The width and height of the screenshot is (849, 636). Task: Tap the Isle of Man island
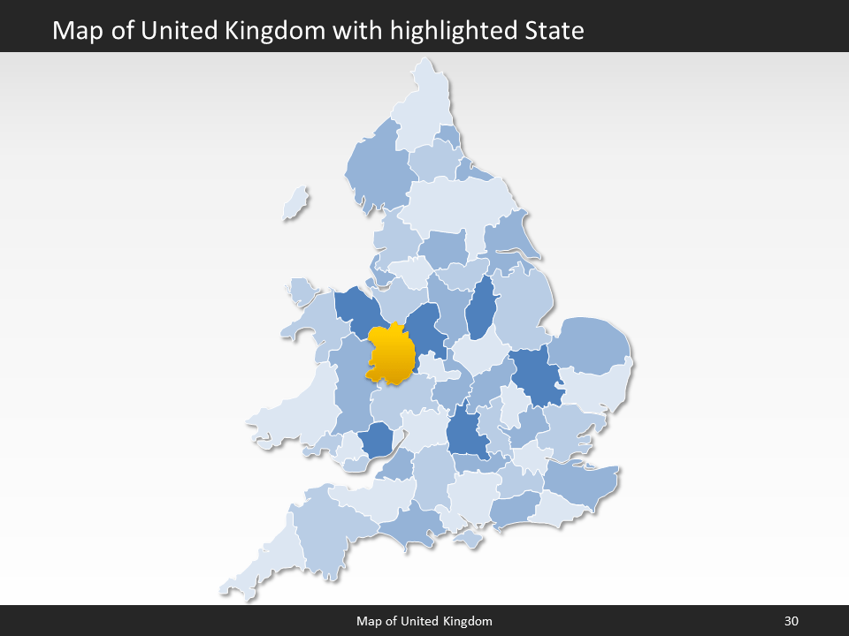pos(296,204)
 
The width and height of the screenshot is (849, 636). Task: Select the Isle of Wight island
pos(468,538)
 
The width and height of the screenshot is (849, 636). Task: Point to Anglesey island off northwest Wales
pos(302,291)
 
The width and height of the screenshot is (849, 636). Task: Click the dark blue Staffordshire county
pos(425,328)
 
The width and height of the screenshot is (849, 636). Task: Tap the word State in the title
pos(554,31)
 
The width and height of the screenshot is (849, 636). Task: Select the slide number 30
pos(791,621)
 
